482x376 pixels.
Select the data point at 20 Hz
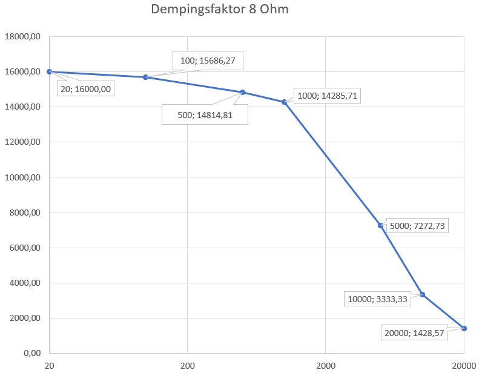(x=49, y=71)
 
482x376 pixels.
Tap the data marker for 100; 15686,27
(x=145, y=77)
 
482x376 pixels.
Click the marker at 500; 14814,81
(x=242, y=92)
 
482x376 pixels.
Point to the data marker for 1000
(x=284, y=102)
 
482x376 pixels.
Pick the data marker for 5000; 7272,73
(x=380, y=225)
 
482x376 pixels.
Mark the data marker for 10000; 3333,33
(x=422, y=294)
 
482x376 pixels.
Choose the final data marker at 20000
(x=464, y=328)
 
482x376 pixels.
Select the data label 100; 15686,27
(x=208, y=61)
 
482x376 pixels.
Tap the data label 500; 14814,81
(x=205, y=115)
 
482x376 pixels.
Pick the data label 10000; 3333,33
(x=377, y=298)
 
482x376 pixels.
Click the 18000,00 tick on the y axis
(x=22, y=37)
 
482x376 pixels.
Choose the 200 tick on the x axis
(x=187, y=365)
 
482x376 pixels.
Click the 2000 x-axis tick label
(x=325, y=365)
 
